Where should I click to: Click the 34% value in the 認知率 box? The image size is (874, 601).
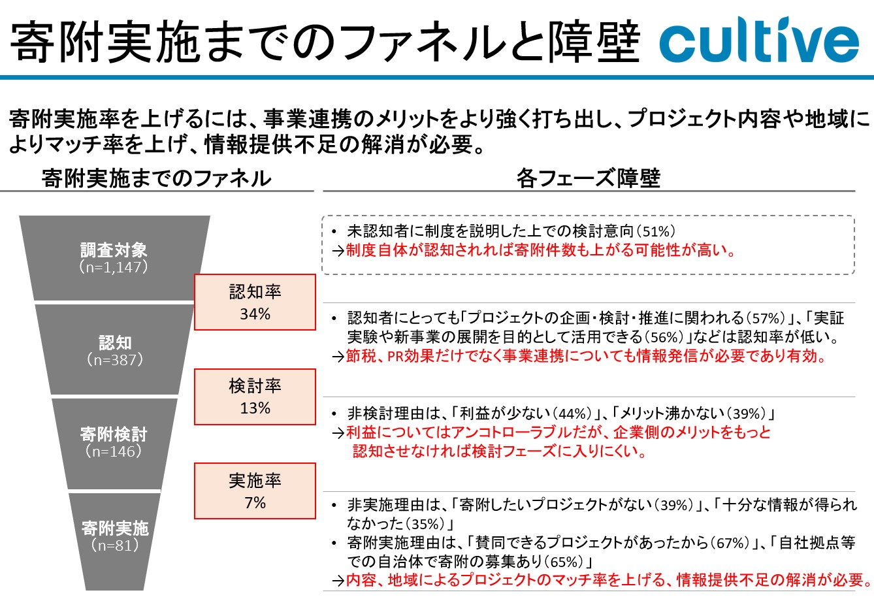[x=255, y=314]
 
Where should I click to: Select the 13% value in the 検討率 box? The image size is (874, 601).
[x=255, y=408]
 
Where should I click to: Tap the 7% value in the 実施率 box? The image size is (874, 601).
[x=255, y=502]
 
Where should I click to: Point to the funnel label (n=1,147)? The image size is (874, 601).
[x=114, y=267]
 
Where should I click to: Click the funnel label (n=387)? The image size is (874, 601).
[x=115, y=360]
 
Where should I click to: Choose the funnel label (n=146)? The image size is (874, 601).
[x=114, y=451]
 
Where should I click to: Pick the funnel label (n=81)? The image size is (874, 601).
[x=115, y=545]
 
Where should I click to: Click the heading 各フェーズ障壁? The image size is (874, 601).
[x=589, y=178]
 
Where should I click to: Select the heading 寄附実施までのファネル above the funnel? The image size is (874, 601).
[x=157, y=178]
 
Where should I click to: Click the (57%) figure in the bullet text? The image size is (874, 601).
[x=765, y=318]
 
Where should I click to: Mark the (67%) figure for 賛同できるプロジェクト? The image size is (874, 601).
[x=730, y=543]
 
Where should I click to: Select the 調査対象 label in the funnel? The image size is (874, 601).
[x=114, y=250]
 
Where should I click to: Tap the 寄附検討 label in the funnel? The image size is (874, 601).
[x=114, y=434]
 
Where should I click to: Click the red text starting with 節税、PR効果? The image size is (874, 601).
[x=586, y=356]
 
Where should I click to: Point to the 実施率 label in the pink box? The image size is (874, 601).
[x=255, y=481]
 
